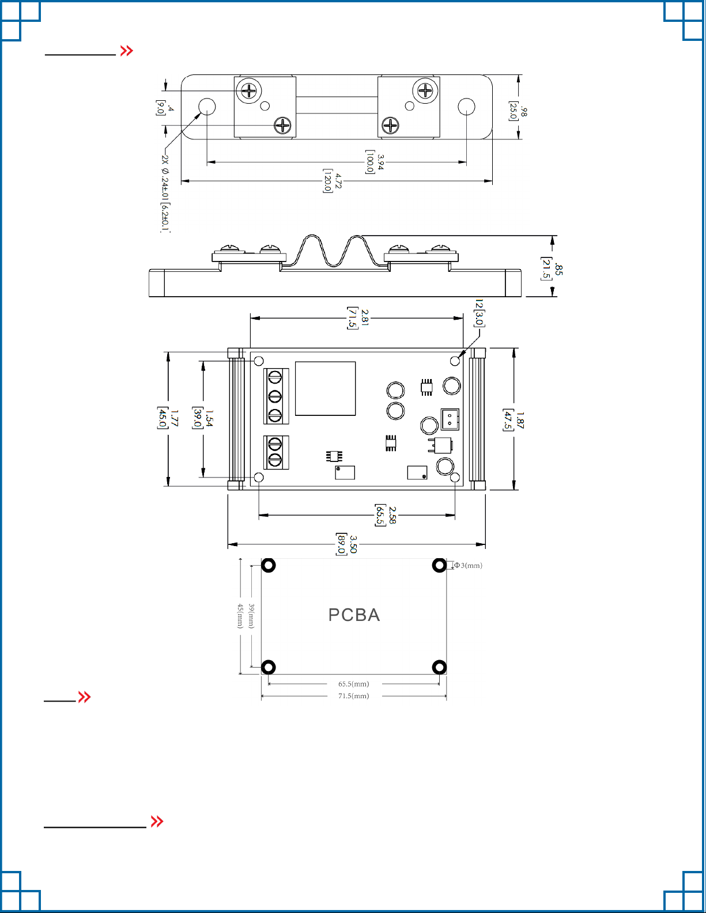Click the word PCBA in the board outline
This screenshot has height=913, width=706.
354,615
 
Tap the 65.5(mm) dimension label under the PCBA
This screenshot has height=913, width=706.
354,684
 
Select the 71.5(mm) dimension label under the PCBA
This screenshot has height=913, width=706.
354,696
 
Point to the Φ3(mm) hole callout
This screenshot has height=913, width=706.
468,565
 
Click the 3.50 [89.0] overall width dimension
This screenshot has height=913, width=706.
347,544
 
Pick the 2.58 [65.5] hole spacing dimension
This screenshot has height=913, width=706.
386,515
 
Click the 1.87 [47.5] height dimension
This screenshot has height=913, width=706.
514,420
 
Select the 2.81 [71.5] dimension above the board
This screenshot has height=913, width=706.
358,318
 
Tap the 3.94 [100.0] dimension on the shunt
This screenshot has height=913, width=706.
375,162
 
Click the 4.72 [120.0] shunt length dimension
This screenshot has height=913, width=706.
333,181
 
